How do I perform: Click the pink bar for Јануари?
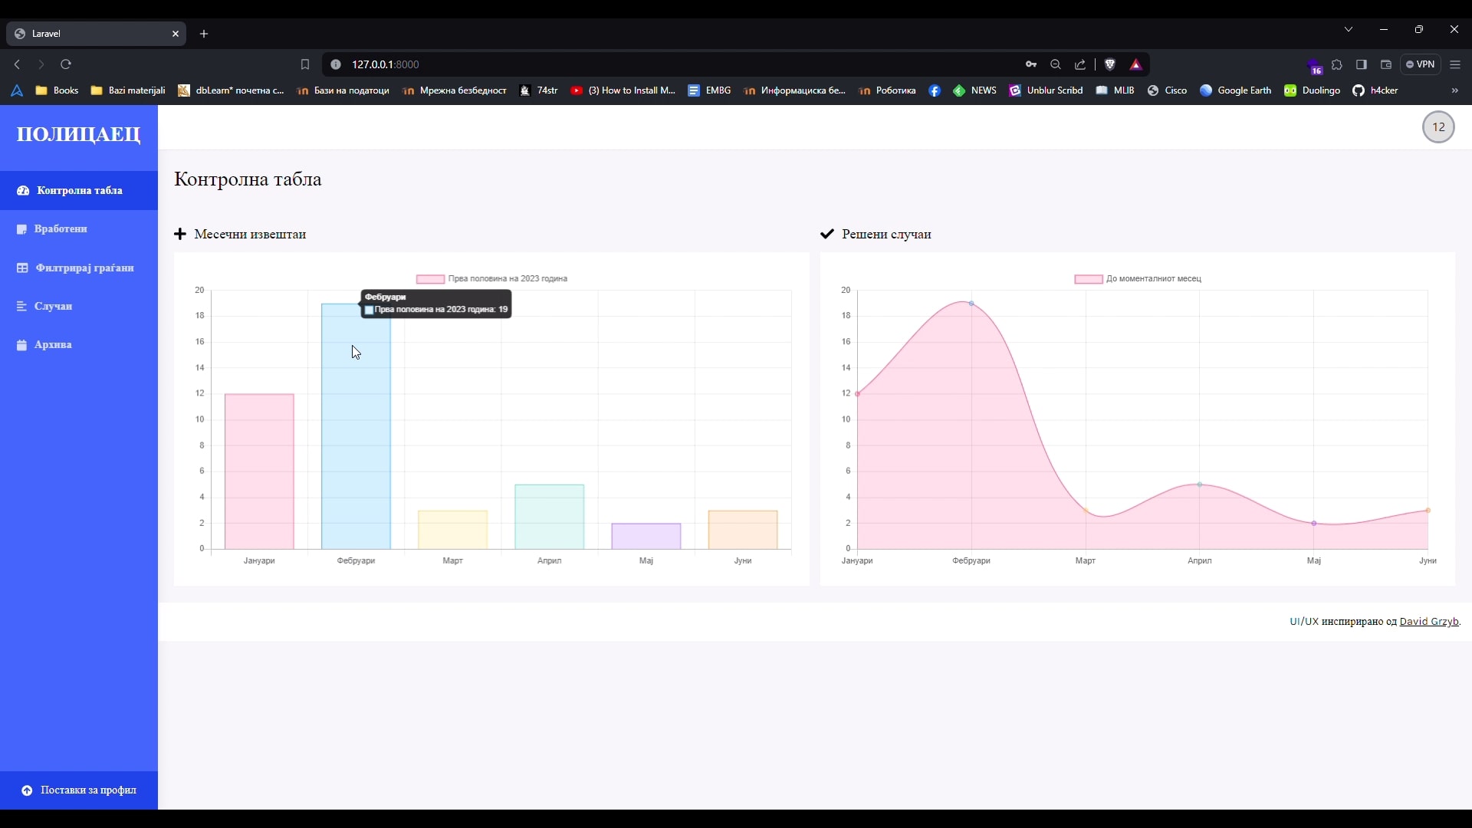point(259,472)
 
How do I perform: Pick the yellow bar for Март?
point(452,530)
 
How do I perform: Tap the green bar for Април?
point(549,517)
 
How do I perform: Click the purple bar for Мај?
point(646,536)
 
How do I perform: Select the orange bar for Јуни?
point(742,530)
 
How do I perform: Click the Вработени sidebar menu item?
point(61,229)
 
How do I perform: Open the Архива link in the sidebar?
point(53,345)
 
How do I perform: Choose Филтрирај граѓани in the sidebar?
point(84,268)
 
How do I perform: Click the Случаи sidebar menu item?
point(53,307)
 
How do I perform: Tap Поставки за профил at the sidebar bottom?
point(88,790)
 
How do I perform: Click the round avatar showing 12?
point(1438,127)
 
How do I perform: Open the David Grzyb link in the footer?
point(1429,622)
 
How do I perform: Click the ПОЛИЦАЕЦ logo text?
point(79,135)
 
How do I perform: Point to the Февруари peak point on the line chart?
point(971,304)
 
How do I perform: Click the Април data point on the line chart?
point(1200,485)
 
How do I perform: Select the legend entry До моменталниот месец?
point(1138,279)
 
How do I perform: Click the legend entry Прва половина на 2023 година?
point(492,279)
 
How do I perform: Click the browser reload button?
point(66,64)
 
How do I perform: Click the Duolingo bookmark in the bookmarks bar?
point(1313,90)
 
